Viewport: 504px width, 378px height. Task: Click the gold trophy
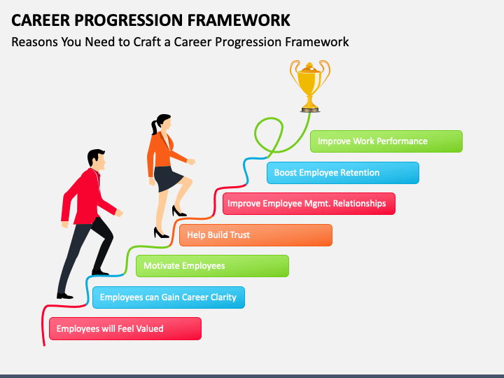coord(309,86)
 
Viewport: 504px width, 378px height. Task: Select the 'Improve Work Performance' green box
coord(386,141)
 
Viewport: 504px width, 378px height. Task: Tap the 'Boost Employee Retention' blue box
coord(342,173)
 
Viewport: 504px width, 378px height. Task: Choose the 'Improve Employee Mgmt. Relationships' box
coord(309,204)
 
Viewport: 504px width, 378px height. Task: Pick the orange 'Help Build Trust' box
coord(255,235)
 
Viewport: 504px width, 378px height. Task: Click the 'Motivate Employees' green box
coord(212,266)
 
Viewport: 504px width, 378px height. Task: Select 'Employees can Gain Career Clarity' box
coord(169,297)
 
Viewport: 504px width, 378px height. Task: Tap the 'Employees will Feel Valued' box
coord(125,328)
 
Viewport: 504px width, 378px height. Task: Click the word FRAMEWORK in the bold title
coord(239,20)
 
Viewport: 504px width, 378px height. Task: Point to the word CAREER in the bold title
coord(41,20)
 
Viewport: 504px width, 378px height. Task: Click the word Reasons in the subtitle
coord(35,42)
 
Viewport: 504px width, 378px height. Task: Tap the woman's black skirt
coord(168,178)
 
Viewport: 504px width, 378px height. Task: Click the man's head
coord(97,160)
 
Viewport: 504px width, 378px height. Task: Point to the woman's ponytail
coord(154,127)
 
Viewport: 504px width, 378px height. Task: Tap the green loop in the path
coord(269,134)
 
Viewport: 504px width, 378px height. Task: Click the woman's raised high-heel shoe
coord(178,211)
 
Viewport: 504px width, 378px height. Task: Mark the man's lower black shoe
coord(65,295)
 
